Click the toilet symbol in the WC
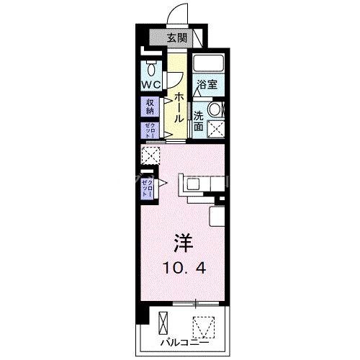[x=152, y=69]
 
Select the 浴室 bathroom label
[x=208, y=84]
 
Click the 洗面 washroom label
[x=199, y=120]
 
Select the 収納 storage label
[x=150, y=107]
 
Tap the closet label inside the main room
[x=147, y=186]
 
